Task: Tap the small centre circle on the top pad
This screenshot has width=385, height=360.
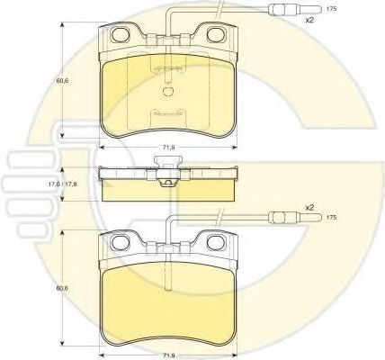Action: click(166, 91)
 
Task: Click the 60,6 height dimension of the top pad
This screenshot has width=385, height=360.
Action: click(62, 80)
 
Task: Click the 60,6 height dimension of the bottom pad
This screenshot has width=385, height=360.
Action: click(62, 290)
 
